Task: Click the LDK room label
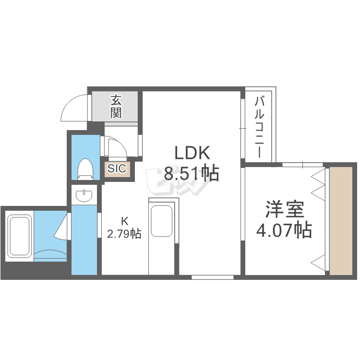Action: pyautogui.click(x=192, y=153)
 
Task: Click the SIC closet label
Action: pyautogui.click(x=117, y=169)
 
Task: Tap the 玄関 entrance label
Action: pyautogui.click(x=116, y=107)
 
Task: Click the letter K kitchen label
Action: pyautogui.click(x=124, y=221)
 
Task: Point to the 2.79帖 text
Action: pyautogui.click(x=124, y=234)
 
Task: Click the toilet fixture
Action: pyautogui.click(x=85, y=169)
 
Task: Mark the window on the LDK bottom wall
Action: pyautogui.click(x=212, y=277)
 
